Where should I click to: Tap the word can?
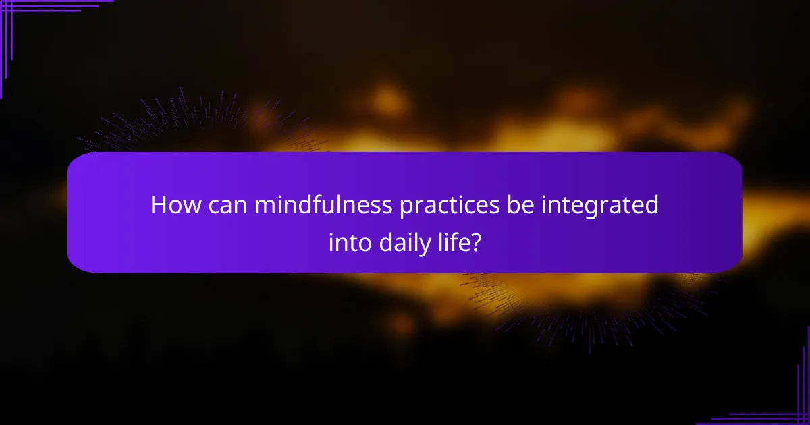[225, 205]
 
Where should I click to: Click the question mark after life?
[477, 241]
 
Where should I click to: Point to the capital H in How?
[159, 205]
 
